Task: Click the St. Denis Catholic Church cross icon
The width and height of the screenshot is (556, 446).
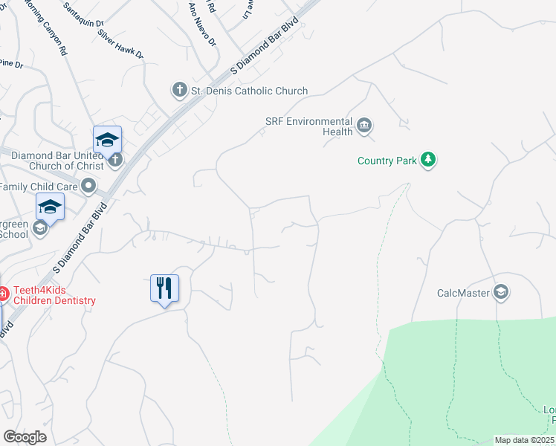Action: pos(179,91)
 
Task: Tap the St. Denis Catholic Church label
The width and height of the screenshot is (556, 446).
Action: pos(249,91)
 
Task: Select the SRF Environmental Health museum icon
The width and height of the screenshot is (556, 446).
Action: pos(364,125)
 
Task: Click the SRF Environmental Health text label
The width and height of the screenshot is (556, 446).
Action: pos(308,126)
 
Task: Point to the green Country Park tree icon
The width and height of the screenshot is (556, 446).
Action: pos(427,160)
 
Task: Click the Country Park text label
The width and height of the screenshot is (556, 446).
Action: pos(387,161)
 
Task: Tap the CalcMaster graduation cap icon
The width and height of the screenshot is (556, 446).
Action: pos(501,292)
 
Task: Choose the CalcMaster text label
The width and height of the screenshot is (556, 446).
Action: pos(464,293)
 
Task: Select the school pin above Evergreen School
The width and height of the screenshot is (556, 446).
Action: pos(50,206)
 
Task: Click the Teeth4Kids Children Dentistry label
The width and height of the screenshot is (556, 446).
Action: pos(52,296)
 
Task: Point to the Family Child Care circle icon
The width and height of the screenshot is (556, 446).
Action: pos(90,185)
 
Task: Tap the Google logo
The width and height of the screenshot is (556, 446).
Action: pos(25,436)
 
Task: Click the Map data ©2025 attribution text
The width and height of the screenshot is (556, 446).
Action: pos(524,440)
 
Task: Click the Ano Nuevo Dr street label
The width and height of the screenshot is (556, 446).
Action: pos(201,25)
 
